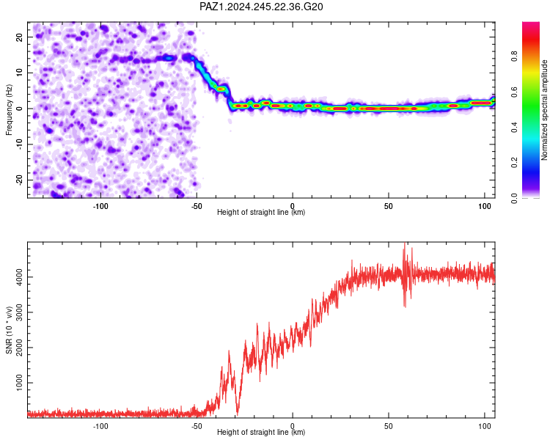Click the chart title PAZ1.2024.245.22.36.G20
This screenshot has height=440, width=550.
[x=261, y=7]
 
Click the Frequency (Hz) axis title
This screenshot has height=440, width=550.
[x=9, y=110]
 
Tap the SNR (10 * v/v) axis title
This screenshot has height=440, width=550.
[x=9, y=330]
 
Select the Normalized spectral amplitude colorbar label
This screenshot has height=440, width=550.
[x=544, y=110]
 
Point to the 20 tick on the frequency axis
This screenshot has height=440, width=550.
[x=20, y=37]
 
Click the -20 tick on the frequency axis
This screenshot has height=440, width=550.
[x=20, y=180]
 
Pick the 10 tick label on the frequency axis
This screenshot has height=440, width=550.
[x=20, y=73]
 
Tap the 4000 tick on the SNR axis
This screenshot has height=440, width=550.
[x=20, y=277]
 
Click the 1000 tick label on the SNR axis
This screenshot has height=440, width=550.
[x=20, y=383]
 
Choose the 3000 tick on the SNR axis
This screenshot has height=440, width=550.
[x=20, y=312]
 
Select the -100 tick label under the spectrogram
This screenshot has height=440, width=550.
[x=100, y=206]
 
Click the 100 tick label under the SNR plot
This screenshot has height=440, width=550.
[x=485, y=426]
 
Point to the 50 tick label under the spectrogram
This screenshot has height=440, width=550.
[x=388, y=206]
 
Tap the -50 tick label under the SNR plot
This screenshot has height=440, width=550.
[x=197, y=426]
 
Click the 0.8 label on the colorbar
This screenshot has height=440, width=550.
[x=514, y=56]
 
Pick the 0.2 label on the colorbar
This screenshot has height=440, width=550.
[x=514, y=163]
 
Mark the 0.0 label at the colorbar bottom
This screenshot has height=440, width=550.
[x=514, y=198]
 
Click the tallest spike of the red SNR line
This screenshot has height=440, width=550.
[x=405, y=243]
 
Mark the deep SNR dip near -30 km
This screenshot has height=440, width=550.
[x=238, y=414]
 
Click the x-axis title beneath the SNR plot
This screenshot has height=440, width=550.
[x=261, y=432]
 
